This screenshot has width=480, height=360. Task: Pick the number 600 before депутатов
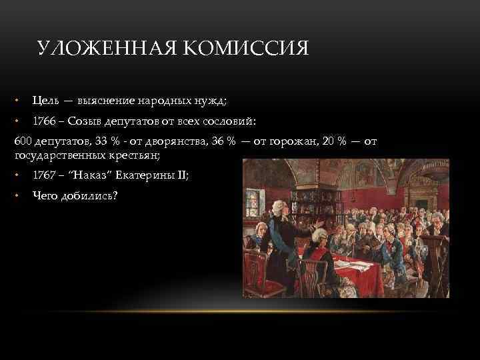tap(23, 142)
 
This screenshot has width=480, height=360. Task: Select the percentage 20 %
tap(331, 142)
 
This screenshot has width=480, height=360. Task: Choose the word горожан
tap(281, 142)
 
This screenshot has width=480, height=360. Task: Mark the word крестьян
tap(136, 155)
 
